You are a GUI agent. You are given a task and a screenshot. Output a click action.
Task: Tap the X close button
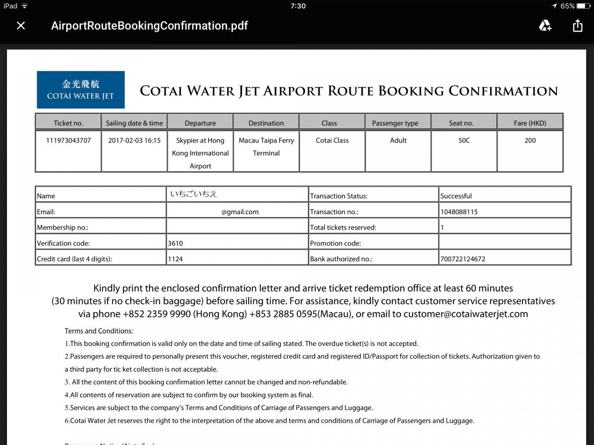point(21,25)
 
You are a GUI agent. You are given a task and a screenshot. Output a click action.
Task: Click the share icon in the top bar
point(577,25)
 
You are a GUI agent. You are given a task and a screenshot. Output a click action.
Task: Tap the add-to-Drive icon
point(545,25)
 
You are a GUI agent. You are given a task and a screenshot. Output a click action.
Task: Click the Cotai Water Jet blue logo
point(81,89)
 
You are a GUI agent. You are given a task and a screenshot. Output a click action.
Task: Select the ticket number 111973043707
point(68,140)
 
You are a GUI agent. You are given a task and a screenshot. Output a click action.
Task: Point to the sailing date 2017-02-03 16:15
point(134,140)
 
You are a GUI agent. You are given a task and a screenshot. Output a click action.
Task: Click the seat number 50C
point(464,140)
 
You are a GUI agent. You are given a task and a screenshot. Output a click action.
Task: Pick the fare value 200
point(530,140)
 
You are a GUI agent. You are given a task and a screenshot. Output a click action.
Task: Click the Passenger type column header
point(395,123)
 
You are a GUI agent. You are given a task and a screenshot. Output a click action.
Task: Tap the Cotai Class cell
point(332,140)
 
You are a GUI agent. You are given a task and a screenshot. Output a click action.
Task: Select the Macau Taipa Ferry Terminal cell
point(266,146)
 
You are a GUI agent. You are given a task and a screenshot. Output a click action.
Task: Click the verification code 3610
point(175,243)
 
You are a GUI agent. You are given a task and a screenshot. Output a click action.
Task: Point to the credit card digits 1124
point(175,259)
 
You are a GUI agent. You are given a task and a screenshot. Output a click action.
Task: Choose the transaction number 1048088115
point(459,212)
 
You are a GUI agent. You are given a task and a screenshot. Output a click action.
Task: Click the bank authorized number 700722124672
point(463,259)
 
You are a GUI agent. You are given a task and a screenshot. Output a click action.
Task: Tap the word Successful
point(456,196)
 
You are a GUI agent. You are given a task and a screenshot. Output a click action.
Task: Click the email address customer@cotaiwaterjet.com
point(465,314)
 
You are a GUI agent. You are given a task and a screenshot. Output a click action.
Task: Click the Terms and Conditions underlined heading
point(99,331)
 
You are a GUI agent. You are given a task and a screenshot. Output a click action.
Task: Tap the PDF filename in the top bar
point(149,25)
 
